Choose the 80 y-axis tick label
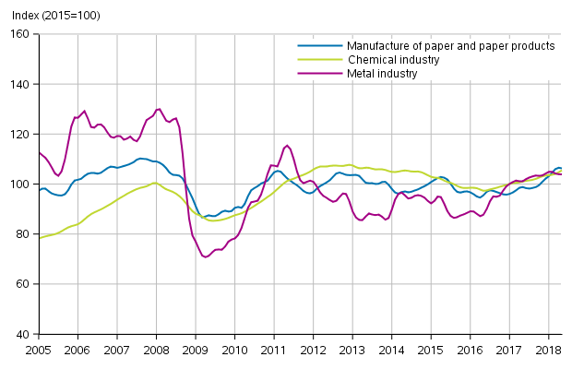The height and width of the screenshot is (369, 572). [x=26, y=233]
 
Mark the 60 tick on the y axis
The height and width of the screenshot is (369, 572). [x=26, y=283]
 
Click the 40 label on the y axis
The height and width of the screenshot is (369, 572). [x=26, y=333]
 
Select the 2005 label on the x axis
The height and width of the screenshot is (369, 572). [x=38, y=351]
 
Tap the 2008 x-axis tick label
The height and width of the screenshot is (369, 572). [x=156, y=351]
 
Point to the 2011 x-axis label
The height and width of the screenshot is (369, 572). [x=274, y=351]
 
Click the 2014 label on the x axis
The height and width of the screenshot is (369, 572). [x=391, y=351]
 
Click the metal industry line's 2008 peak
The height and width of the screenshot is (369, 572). [x=159, y=109]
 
